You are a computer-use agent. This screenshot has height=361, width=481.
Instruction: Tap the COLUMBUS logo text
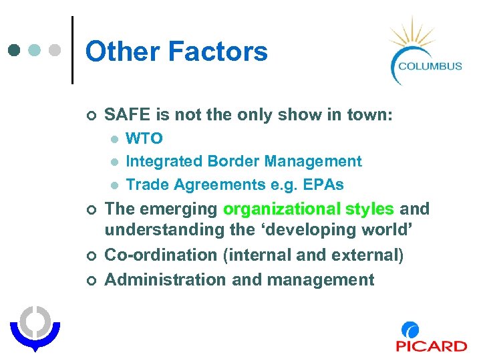click(x=430, y=66)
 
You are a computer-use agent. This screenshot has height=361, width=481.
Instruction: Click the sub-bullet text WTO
click(x=144, y=138)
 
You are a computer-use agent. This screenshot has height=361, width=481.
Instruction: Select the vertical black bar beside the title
click(x=72, y=50)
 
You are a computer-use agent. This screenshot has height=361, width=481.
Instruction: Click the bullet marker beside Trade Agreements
click(x=115, y=185)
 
